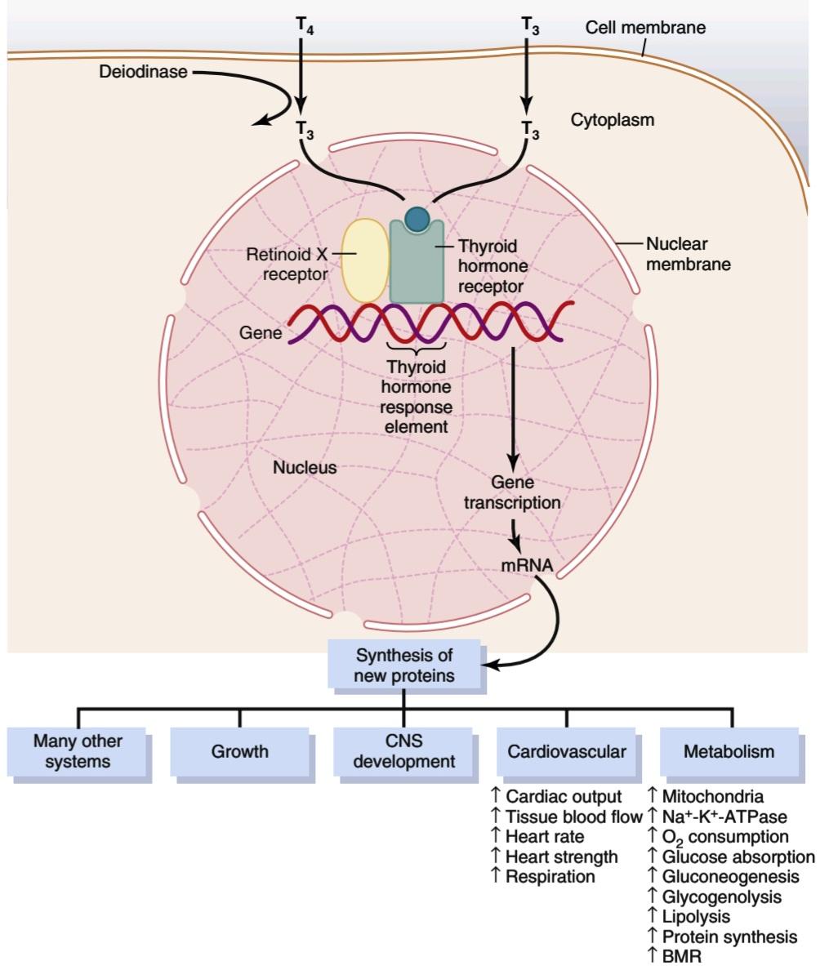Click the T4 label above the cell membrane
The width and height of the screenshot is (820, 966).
[305, 26]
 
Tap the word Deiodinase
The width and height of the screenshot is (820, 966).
[143, 72]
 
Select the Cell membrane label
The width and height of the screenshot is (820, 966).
[645, 27]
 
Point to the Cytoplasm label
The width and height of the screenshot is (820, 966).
[613, 119]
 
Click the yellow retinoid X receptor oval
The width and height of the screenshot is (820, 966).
[365, 260]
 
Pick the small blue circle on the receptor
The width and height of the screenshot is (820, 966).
[417, 219]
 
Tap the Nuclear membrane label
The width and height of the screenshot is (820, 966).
[689, 254]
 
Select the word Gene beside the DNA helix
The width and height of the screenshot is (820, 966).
[261, 332]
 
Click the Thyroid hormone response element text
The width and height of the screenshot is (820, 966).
[416, 397]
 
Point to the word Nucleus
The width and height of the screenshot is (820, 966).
[305, 468]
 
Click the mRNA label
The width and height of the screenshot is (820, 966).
[527, 565]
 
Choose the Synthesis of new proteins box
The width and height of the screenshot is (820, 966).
[404, 665]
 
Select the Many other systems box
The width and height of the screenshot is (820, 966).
[77, 751]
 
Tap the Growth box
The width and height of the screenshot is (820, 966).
[239, 751]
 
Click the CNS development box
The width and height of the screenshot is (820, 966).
[403, 751]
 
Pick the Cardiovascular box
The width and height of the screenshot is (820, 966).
[567, 751]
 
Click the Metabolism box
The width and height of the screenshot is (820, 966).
[729, 751]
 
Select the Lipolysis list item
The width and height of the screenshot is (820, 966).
[689, 917]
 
